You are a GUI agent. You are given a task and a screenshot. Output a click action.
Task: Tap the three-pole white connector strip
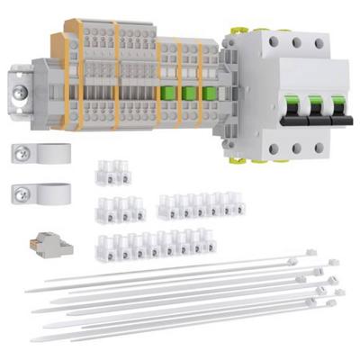(120, 209)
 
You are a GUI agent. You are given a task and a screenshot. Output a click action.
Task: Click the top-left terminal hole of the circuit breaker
(273, 41)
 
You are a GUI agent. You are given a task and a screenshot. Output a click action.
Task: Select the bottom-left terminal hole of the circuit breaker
(273, 149)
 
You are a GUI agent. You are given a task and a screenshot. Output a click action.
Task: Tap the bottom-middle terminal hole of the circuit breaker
(296, 149)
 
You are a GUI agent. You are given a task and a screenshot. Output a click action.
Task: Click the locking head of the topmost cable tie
(310, 254)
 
